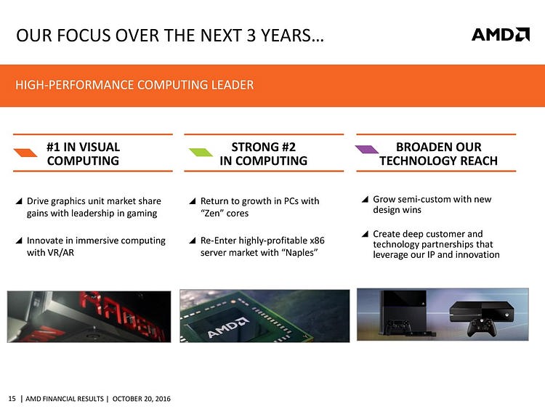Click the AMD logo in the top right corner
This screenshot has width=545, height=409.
(x=501, y=34)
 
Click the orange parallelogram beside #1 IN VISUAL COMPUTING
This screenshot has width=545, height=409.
(x=25, y=153)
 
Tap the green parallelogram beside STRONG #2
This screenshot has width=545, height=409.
(x=201, y=153)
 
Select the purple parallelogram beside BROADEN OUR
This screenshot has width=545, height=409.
(x=367, y=150)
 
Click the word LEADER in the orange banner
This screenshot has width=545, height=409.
(x=233, y=85)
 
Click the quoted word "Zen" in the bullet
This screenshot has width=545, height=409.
(x=212, y=213)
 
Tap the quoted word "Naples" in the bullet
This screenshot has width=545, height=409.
(x=301, y=253)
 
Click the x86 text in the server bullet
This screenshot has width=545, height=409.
(x=317, y=240)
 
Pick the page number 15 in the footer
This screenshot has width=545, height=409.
(x=12, y=399)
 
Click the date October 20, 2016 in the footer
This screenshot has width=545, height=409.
(x=142, y=399)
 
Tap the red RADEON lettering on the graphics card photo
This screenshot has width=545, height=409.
(x=121, y=315)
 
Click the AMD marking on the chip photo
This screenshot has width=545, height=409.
(x=227, y=328)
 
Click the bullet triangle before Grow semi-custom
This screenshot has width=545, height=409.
(x=365, y=200)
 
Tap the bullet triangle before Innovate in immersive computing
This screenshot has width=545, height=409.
(x=19, y=240)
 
